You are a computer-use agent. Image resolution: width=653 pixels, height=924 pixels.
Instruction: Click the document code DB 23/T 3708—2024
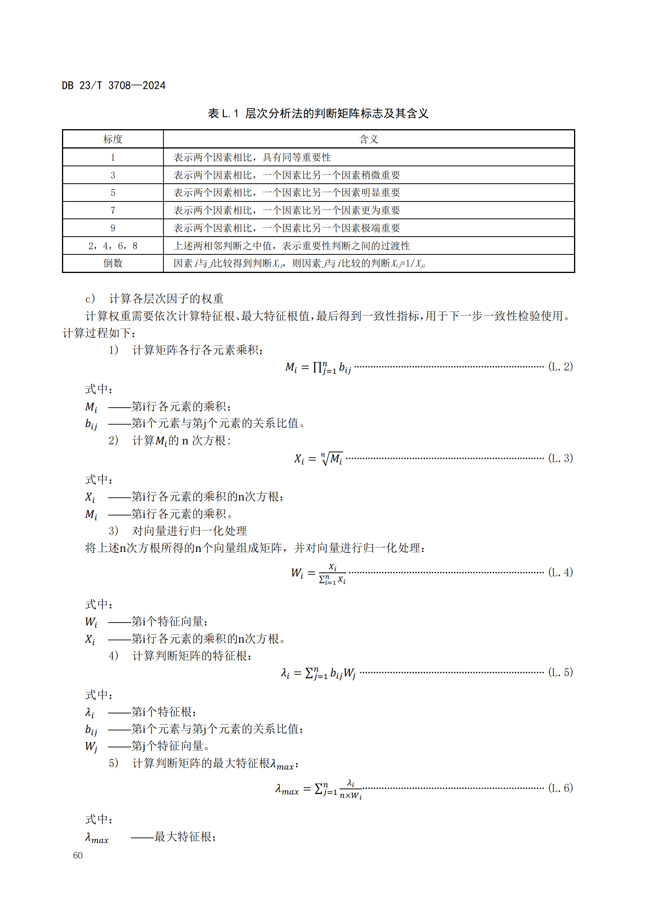[x=113, y=85]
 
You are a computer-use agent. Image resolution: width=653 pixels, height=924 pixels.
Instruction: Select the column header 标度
[x=113, y=139]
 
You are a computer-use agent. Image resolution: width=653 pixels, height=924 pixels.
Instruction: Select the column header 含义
[x=368, y=139]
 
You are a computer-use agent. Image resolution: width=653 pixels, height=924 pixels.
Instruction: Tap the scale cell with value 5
[x=113, y=193]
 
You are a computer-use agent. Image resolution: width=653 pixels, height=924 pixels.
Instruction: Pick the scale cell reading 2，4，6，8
[x=113, y=246]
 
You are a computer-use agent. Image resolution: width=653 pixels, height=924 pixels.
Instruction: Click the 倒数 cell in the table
[x=113, y=263]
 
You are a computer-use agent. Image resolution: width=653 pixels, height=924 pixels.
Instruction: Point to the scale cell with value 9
[x=113, y=228]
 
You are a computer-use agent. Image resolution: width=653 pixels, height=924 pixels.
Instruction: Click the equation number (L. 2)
[x=560, y=367]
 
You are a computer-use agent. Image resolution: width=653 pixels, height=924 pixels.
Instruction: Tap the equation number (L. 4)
[x=560, y=572]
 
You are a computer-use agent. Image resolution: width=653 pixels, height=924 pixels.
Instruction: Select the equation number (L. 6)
[x=560, y=788]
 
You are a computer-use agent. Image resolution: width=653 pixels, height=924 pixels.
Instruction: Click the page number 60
[x=78, y=856]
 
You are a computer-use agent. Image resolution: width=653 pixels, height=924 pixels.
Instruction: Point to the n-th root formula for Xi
[x=318, y=459]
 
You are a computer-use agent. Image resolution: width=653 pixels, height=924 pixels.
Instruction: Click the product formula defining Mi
[x=318, y=367]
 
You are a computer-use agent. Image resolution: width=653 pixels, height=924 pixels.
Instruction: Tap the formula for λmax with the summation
[x=318, y=789]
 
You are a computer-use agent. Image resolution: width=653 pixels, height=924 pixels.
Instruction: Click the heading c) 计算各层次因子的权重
[x=154, y=299]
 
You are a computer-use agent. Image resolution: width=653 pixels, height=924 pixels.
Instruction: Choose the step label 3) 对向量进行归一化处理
[x=178, y=531]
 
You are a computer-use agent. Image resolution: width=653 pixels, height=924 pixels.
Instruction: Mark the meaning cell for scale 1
[x=252, y=157]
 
